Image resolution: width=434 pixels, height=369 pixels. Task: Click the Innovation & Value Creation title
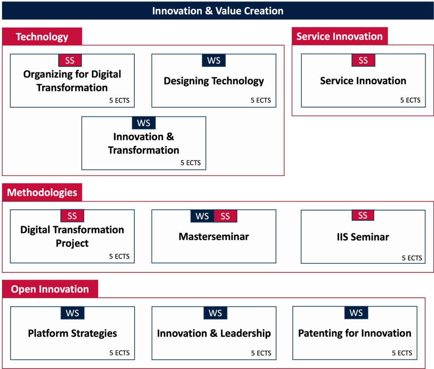[217, 11]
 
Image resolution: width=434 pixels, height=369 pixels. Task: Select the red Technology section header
[42, 36]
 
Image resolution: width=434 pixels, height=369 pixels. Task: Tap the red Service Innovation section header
[339, 36]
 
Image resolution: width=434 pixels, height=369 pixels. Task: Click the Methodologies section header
[42, 192]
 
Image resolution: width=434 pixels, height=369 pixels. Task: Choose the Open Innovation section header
[50, 289]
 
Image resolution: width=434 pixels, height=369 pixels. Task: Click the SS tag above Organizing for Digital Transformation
[70, 60]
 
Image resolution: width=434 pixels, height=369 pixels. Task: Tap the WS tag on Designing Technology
[214, 60]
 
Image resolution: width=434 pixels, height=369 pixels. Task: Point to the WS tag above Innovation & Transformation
[144, 123]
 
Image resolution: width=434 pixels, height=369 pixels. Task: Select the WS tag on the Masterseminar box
[202, 216]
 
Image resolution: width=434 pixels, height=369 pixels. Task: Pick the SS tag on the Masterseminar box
[225, 216]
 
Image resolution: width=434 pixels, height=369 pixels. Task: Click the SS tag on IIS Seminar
[363, 215]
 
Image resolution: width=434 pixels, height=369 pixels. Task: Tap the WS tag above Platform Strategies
[72, 313]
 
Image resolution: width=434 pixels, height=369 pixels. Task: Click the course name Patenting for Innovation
[355, 333]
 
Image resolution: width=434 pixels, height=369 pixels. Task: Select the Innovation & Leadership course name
[214, 333]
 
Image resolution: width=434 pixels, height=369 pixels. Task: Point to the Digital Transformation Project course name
[72, 236]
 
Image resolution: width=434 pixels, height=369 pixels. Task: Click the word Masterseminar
[214, 237]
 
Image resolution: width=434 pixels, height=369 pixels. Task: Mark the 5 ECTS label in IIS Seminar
[412, 258]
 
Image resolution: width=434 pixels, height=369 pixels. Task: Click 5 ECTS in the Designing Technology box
[261, 100]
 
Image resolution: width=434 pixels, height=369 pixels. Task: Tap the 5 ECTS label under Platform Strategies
[120, 353]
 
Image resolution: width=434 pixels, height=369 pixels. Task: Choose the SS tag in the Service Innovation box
[363, 60]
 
